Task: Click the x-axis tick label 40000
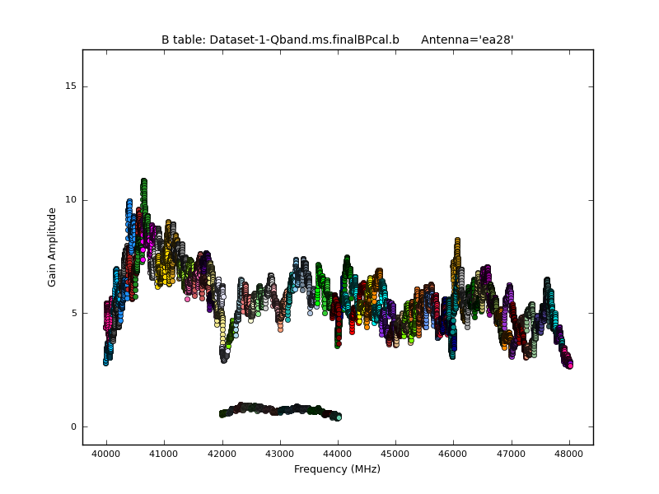point(105,454)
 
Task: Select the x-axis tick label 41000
point(164,454)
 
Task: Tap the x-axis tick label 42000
point(222,454)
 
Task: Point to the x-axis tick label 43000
point(279,454)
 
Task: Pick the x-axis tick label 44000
point(338,454)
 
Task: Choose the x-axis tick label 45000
point(395,454)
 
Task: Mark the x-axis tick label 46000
point(453,454)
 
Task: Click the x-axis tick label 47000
point(512,454)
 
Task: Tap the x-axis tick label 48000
point(569,454)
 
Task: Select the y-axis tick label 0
point(74,426)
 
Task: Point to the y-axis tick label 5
point(74,314)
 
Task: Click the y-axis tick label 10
point(72,200)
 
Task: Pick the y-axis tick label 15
point(72,86)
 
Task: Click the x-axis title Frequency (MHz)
point(337,469)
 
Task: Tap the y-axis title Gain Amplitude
point(52,247)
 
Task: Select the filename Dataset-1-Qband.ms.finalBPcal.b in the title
point(305,40)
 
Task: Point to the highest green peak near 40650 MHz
point(143,181)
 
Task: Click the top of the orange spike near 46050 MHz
point(457,240)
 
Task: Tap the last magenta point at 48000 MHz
point(569,366)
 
